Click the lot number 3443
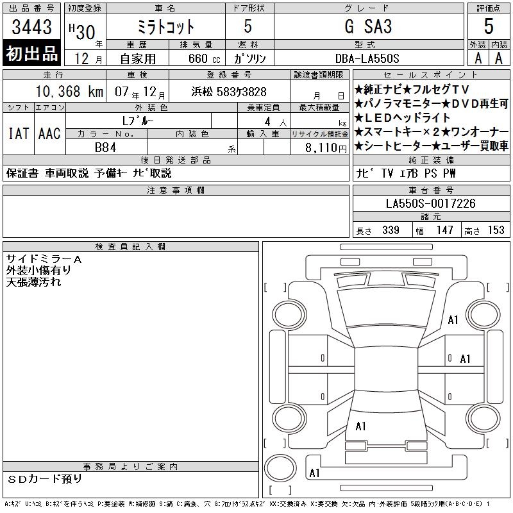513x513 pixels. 31,27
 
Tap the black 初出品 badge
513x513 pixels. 31,53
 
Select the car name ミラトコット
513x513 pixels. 165,27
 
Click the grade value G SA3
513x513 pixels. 368,26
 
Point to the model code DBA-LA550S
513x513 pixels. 367,58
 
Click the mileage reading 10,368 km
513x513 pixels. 69,91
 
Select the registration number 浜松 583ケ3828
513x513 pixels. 229,92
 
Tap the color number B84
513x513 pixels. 105,147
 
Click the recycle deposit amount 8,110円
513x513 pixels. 326,148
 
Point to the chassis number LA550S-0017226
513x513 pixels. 430,203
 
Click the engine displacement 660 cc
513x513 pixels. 204,58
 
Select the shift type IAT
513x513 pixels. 19,133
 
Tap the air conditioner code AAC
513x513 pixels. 49,133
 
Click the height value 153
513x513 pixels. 496,230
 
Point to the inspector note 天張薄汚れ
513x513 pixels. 33,282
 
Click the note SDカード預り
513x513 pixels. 44,479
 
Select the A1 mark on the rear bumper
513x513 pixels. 314,473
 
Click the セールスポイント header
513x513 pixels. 431,75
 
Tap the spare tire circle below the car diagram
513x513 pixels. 280,468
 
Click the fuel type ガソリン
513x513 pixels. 249,58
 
